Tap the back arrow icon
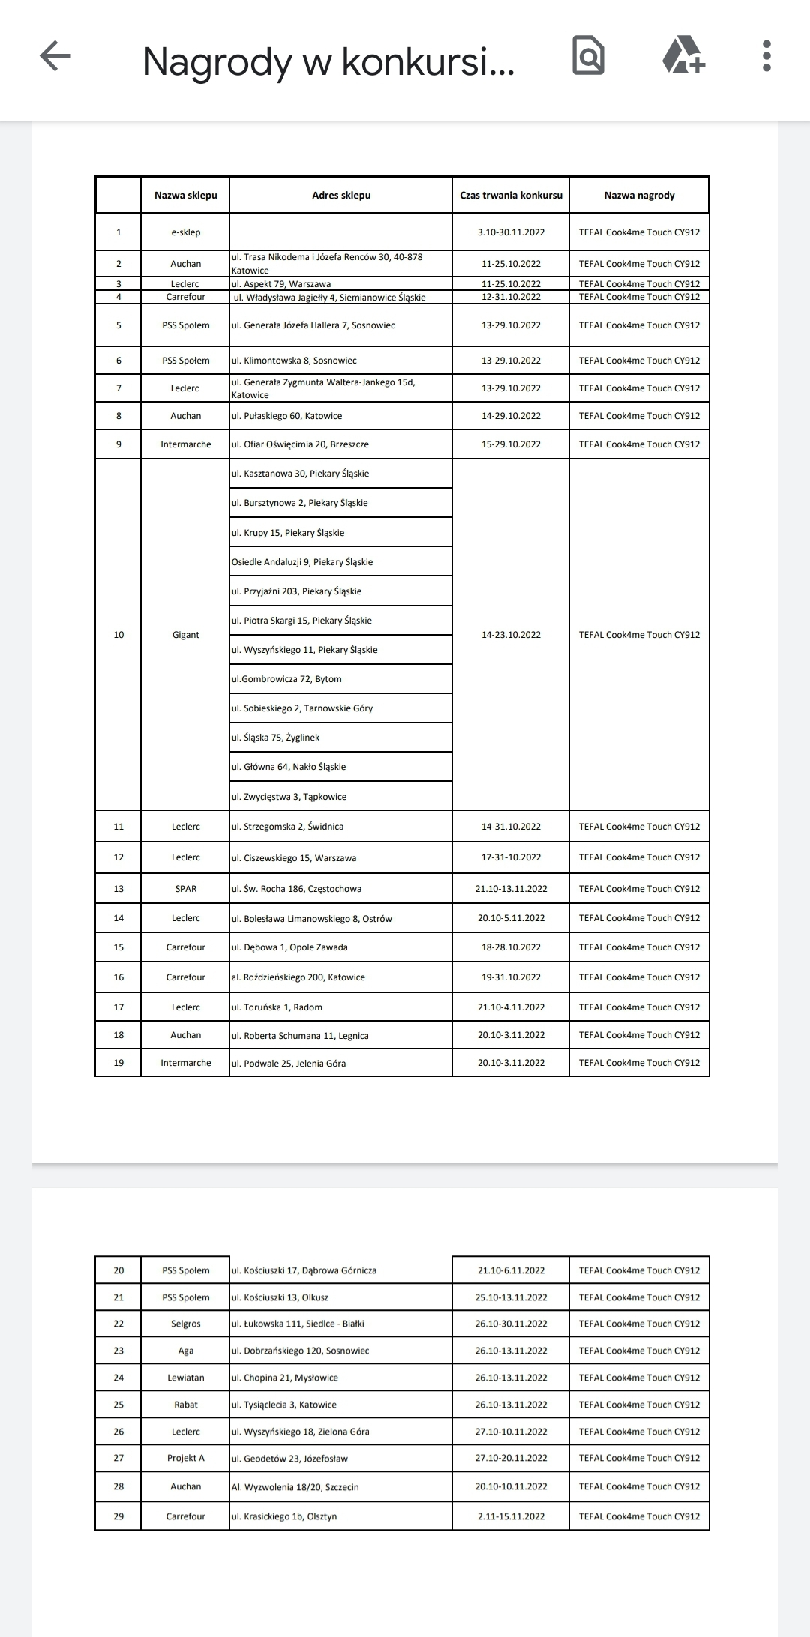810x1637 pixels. pyautogui.click(x=55, y=56)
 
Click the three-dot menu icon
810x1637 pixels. pyautogui.click(x=766, y=56)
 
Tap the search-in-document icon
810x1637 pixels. pyautogui.click(x=588, y=56)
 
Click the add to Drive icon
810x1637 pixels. pyautogui.click(x=683, y=56)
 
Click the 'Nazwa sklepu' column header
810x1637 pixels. pyautogui.click(x=185, y=196)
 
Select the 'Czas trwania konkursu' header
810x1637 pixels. pyautogui.click(x=511, y=196)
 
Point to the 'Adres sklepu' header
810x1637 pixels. pyautogui.click(x=341, y=196)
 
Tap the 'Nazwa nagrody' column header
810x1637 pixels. pyautogui.click(x=639, y=196)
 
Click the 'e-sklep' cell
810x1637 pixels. pyautogui.click(x=185, y=232)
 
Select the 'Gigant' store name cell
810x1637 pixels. pyautogui.click(x=185, y=635)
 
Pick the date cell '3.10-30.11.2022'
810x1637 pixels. pyautogui.click(x=511, y=232)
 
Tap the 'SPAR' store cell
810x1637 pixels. pyautogui.click(x=185, y=889)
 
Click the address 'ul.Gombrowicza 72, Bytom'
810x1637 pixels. pyautogui.click(x=286, y=679)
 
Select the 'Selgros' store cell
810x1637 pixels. pyautogui.click(x=185, y=1324)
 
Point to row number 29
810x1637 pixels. pyautogui.click(x=118, y=1516)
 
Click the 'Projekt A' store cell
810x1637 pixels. pyautogui.click(x=185, y=1458)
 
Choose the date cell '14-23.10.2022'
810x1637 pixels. pyautogui.click(x=511, y=635)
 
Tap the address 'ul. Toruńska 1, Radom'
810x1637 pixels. pyautogui.click(x=277, y=1007)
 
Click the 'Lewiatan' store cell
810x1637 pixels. pyautogui.click(x=185, y=1378)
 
